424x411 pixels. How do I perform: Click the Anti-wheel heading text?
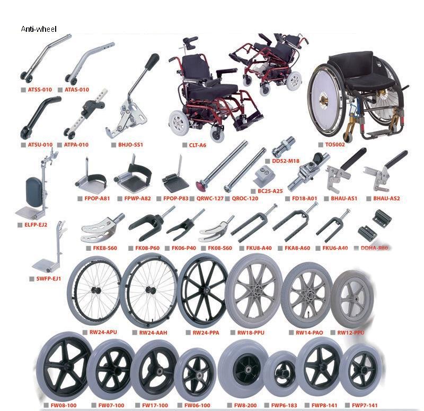point(38,29)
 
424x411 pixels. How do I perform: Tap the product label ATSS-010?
point(40,90)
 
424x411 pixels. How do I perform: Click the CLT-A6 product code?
point(198,145)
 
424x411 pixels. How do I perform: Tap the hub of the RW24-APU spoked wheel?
point(96,290)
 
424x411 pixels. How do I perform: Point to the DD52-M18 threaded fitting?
point(283,144)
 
